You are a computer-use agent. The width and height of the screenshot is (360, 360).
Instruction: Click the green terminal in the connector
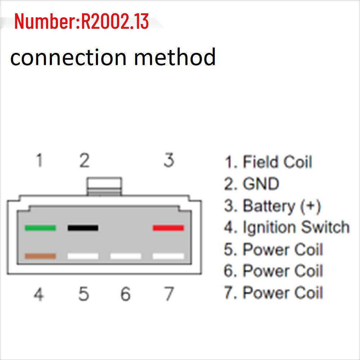point(40,228)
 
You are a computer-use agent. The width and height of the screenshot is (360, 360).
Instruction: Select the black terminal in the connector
point(83,228)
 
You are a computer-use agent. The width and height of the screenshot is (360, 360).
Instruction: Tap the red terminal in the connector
point(168,228)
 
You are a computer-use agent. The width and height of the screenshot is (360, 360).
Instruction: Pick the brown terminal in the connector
point(40,256)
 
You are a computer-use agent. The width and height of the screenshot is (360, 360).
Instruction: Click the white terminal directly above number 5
point(83,256)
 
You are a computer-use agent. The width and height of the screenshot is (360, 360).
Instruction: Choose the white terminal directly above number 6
point(126,256)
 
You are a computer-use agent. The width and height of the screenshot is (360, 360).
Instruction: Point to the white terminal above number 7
point(168,256)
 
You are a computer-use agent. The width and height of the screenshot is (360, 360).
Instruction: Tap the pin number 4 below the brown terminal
point(39,294)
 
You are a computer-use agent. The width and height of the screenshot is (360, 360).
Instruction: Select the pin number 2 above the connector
point(84,160)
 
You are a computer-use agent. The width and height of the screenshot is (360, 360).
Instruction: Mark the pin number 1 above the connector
point(40,160)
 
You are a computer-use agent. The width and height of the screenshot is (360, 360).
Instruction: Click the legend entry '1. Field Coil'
point(268,162)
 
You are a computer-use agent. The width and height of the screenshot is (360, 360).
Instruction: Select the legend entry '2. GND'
point(252,184)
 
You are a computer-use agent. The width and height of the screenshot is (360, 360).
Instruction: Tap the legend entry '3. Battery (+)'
point(273,206)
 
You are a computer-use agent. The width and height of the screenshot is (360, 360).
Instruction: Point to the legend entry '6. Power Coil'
point(274,271)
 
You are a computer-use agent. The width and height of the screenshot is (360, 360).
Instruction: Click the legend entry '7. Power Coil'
point(274,292)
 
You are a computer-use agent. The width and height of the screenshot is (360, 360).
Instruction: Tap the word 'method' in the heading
point(175,57)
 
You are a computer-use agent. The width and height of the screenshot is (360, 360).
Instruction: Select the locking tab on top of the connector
point(104,186)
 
